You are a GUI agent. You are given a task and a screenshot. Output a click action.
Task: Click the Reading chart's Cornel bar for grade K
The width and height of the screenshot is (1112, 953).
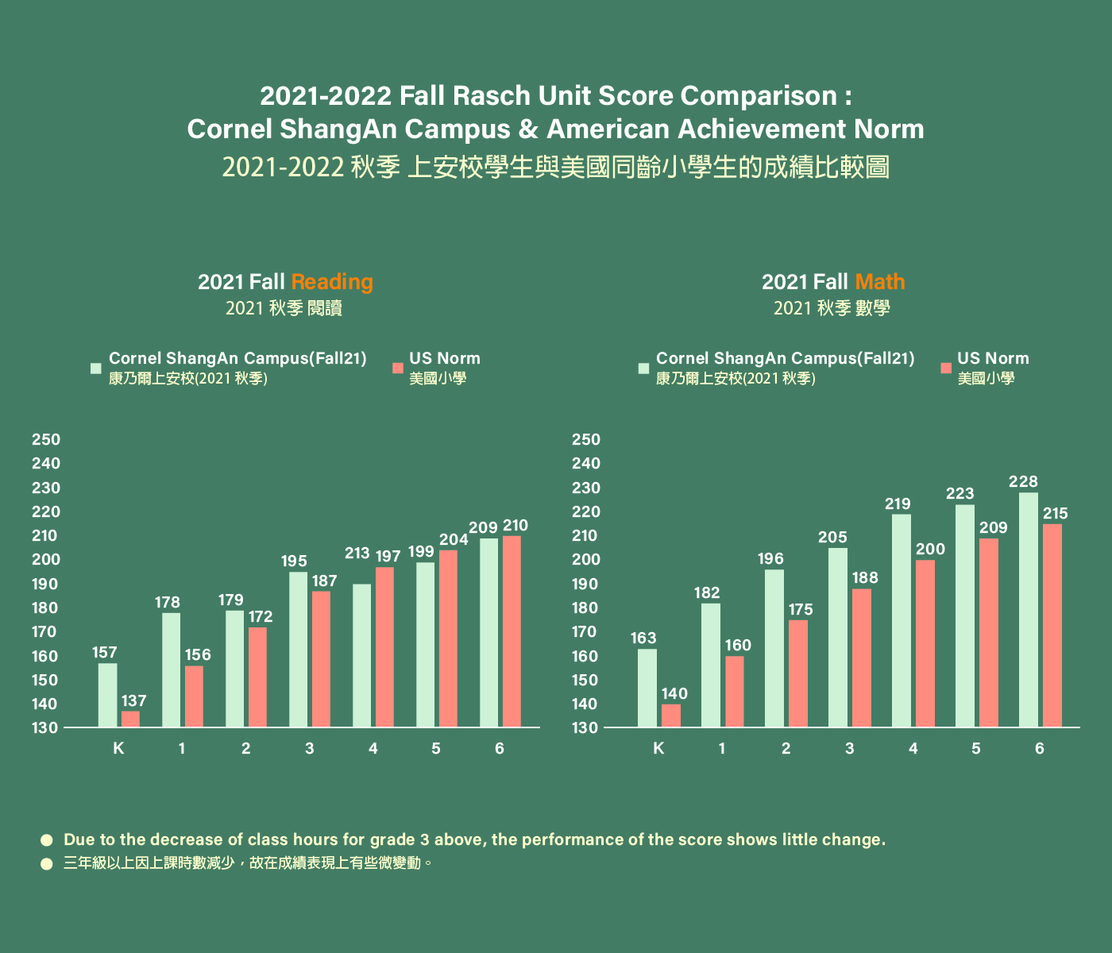tap(107, 695)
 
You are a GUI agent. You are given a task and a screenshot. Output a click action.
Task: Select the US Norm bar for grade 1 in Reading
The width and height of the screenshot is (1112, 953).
tap(194, 696)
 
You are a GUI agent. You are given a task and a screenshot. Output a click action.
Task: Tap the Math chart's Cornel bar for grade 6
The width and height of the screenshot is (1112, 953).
tap(1029, 609)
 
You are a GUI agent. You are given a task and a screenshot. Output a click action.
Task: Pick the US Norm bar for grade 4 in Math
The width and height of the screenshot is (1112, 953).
tap(925, 643)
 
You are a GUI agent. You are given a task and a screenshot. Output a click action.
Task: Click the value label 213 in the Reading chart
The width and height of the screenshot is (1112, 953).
tap(357, 553)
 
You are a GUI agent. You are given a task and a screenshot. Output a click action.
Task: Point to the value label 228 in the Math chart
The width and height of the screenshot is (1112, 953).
tap(1023, 481)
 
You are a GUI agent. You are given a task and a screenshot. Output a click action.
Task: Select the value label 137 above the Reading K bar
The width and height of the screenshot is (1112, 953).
tap(133, 700)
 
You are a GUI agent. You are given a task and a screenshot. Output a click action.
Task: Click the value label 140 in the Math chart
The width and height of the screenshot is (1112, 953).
tap(674, 693)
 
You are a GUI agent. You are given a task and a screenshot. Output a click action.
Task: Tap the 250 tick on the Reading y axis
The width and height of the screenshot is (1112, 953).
tap(46, 439)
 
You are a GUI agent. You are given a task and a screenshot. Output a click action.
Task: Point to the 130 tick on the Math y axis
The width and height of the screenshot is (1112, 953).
tap(586, 727)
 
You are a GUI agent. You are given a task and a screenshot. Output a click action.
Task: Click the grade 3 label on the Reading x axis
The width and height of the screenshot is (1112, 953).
tap(309, 748)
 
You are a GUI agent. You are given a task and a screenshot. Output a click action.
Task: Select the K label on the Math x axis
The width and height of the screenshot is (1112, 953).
tap(658, 748)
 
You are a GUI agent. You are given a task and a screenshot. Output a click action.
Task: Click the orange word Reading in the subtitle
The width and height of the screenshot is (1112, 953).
tap(332, 282)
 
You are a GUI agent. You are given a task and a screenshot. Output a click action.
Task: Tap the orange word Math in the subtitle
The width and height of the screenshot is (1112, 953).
tap(880, 282)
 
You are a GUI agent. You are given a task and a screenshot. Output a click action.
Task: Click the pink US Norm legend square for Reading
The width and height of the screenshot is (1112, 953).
tap(398, 368)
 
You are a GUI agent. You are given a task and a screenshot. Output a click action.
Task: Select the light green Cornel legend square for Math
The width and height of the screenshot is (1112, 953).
tap(643, 368)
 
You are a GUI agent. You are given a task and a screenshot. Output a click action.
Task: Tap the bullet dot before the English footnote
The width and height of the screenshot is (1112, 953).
tap(46, 839)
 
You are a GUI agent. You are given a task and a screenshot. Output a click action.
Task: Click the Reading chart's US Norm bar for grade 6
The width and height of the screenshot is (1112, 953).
tap(512, 631)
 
